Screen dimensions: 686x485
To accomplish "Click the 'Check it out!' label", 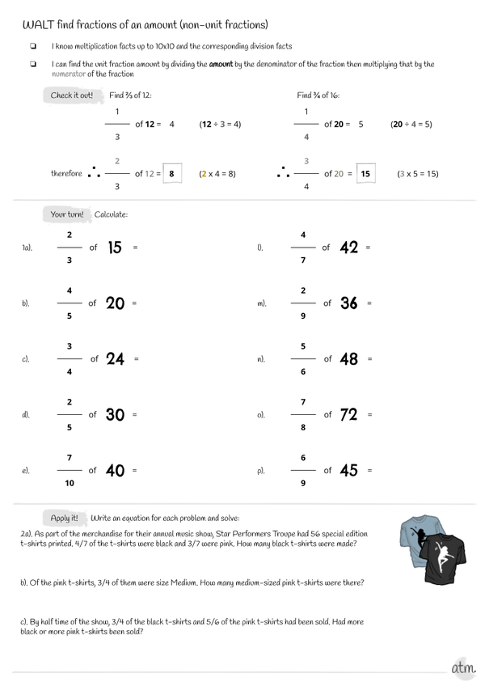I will (72, 95).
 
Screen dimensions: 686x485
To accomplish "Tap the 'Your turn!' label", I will (67, 214).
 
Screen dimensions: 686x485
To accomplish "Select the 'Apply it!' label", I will (65, 517).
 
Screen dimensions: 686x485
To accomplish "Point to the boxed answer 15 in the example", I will (365, 174).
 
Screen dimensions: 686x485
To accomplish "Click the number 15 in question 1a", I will (115, 248).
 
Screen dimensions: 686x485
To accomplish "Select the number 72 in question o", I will (349, 415).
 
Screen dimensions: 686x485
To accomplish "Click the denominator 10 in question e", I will (70, 483).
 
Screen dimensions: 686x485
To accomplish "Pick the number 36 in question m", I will (350, 303).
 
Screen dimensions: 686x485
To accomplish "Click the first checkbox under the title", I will (33, 47).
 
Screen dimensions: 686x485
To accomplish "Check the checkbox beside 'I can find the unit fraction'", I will (33, 64).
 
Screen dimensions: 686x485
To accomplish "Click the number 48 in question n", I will (350, 359).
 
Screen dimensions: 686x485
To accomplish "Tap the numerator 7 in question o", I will (302, 402).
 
